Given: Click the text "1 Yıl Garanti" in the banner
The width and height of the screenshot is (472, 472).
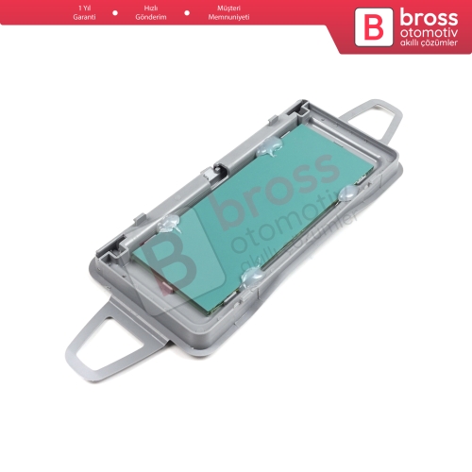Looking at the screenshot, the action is point(84,12).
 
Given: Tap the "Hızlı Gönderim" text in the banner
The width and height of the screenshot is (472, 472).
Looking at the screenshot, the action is point(151,12).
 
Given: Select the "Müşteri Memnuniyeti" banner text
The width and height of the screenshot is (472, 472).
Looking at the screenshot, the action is point(228,12).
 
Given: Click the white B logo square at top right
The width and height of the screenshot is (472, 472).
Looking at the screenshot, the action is point(374,27).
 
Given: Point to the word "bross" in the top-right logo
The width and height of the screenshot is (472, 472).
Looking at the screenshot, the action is point(429,19).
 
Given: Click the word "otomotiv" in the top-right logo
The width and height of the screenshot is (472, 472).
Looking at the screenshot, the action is point(429,33).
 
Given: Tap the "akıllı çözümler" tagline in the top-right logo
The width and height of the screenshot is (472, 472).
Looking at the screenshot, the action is point(429,42).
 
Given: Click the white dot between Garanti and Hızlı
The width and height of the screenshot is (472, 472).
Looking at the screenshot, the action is point(115,13).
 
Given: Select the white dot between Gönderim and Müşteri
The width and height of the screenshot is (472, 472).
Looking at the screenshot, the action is point(187,13).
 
